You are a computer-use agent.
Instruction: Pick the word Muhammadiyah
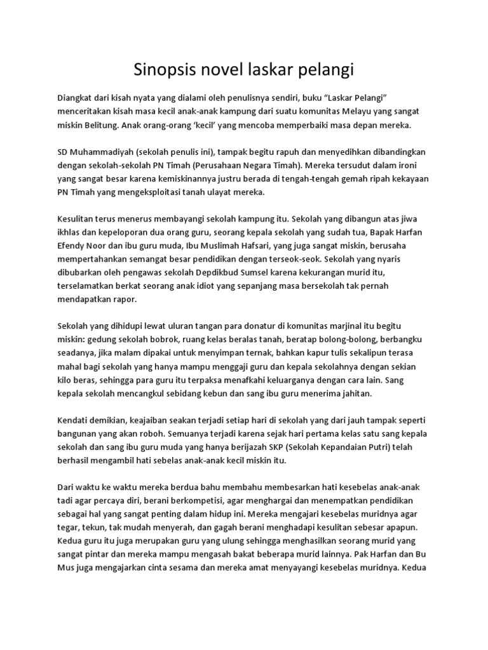pyautogui.click(x=98, y=152)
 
